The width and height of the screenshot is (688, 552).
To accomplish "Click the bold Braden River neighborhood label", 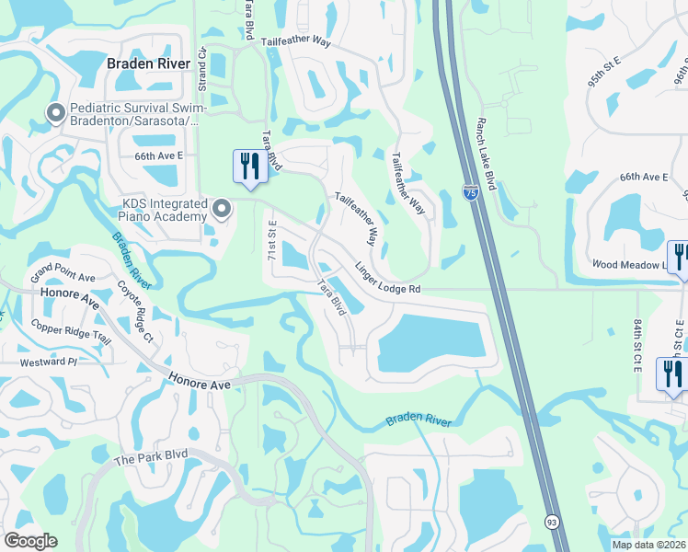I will click(148, 63).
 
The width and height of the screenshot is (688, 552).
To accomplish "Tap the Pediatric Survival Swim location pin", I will click(55, 113).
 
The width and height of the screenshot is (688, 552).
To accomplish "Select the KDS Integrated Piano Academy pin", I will click(221, 210).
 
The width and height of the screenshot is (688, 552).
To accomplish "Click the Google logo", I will click(30, 541).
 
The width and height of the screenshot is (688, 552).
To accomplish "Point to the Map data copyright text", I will click(648, 545).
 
